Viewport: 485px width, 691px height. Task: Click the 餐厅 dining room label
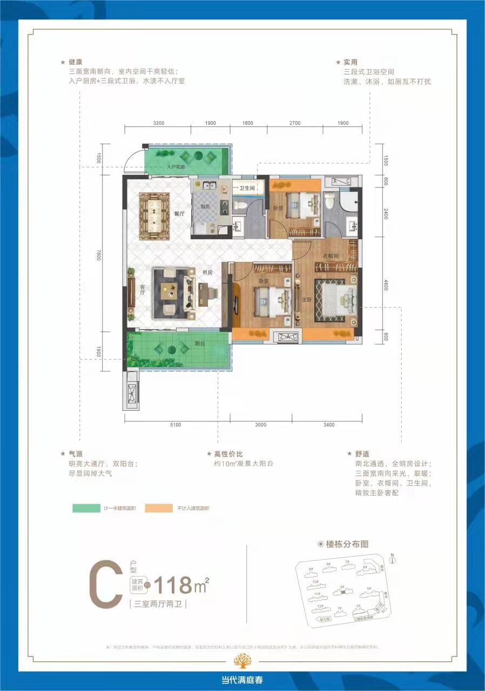(x=179, y=214)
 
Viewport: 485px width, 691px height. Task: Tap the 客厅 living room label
(x=142, y=292)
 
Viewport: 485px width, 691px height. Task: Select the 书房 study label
(x=207, y=273)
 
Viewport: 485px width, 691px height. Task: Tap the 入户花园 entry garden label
(x=176, y=167)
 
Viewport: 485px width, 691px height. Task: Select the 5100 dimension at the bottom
(x=176, y=425)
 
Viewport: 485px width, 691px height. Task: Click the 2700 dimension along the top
(x=294, y=123)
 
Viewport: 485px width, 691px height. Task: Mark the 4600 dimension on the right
(x=386, y=283)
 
